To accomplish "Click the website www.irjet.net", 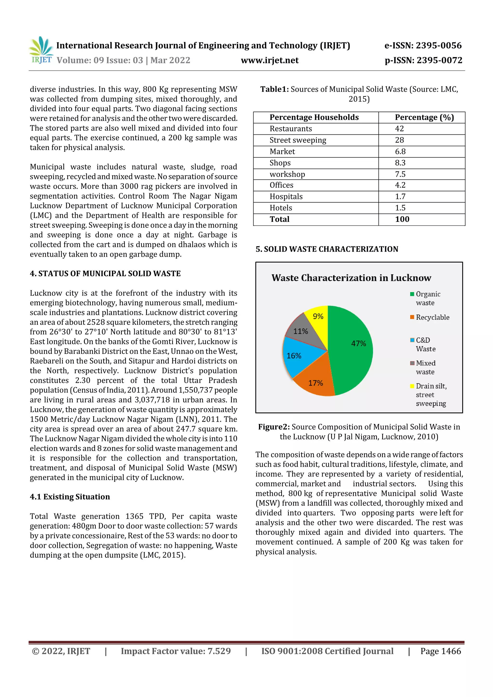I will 269,60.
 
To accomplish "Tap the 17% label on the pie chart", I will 315,383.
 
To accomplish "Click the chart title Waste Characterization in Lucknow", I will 351,278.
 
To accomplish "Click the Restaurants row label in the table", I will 291,129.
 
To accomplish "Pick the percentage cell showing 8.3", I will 400,163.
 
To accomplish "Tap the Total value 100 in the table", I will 402,219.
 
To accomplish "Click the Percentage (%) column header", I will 424,117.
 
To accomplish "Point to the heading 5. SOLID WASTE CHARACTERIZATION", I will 327,249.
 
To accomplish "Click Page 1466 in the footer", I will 441,651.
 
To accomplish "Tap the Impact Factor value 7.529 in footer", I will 175,651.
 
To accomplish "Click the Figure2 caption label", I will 274,427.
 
